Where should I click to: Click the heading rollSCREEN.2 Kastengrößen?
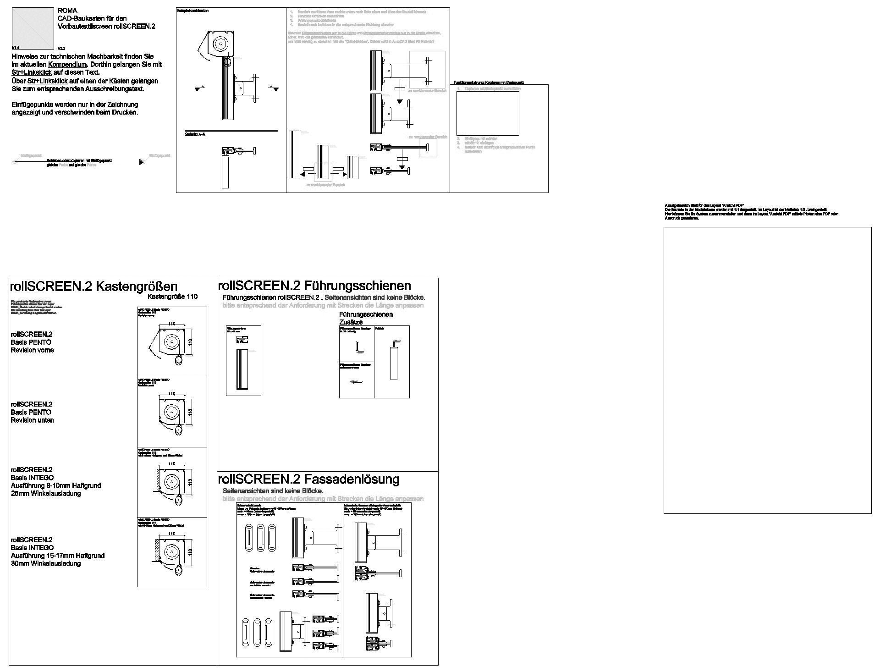click(93, 287)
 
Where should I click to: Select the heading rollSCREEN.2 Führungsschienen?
click(314, 286)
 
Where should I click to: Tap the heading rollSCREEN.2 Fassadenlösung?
click(308, 479)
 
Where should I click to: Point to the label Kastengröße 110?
click(172, 297)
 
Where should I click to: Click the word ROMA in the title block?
click(67, 11)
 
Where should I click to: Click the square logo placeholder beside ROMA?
click(33, 28)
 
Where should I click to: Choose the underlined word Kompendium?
click(67, 65)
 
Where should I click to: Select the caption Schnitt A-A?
click(195, 135)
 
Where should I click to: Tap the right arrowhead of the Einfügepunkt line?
click(141, 162)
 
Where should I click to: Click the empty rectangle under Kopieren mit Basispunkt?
click(488, 113)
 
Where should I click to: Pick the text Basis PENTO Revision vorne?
click(32, 346)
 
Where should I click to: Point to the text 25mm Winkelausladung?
click(46, 494)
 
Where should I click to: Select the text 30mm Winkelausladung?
click(46, 564)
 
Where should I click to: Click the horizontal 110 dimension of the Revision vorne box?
click(172, 324)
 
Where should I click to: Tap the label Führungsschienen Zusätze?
click(366, 318)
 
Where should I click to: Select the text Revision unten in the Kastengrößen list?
click(32, 420)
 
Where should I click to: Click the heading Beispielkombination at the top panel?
click(193, 11)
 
